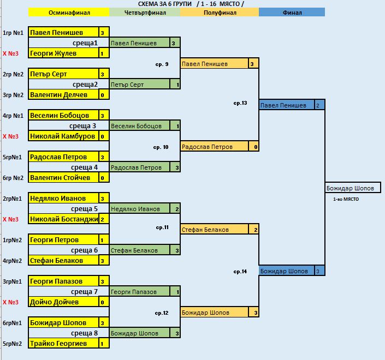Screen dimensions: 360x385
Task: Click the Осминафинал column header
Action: pos(69,12)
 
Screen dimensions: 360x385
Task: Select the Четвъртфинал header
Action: pos(144,12)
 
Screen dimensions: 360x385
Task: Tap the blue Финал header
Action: pos(292,12)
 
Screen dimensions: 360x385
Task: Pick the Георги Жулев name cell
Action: pos(63,53)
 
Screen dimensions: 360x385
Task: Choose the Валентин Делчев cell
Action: pos(63,95)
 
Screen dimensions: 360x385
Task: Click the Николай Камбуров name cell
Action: pos(63,136)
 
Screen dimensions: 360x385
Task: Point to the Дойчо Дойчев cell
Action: pos(63,302)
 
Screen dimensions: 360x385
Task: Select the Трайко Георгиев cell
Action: pos(63,344)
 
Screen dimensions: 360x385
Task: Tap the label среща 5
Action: pos(84,209)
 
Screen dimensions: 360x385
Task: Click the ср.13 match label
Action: pos(240,103)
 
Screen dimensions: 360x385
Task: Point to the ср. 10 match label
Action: pos(162,147)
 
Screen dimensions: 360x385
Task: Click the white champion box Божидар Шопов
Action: pos(352,188)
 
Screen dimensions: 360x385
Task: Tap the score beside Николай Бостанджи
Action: pos(102,219)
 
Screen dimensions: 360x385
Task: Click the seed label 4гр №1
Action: pos(12,116)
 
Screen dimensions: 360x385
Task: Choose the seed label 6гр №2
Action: pos(12,178)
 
